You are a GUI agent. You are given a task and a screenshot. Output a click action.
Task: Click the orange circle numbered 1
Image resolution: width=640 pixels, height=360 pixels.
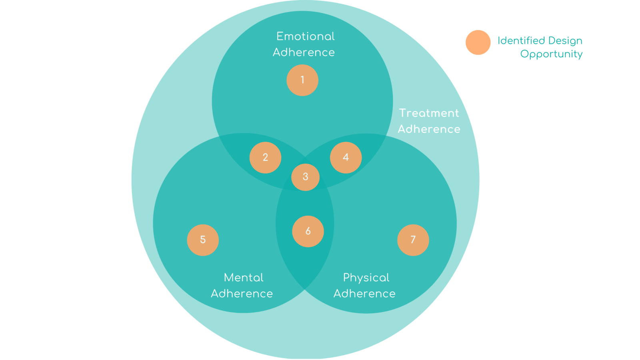302,80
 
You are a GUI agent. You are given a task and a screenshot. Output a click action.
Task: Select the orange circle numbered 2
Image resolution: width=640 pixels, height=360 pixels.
265,158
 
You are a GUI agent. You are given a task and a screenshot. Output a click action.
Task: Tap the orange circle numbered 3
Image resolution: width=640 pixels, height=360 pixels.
305,177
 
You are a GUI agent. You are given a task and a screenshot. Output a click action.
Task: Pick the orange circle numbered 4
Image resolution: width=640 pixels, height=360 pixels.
346,158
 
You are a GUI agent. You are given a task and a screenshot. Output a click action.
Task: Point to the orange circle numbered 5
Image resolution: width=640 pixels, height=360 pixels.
203,240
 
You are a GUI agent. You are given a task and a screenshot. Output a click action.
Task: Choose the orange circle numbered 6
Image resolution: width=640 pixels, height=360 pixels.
308,231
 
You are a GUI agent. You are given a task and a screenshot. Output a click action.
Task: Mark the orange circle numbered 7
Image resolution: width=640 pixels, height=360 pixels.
413,240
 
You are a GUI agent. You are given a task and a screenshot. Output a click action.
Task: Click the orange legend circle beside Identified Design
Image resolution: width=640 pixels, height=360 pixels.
478,42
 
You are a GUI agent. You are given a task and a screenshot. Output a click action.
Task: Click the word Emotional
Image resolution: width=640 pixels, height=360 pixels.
305,36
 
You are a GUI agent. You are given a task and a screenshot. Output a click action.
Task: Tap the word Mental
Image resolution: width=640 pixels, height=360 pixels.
244,278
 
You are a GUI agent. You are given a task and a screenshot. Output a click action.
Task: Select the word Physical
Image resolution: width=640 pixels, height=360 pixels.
366,278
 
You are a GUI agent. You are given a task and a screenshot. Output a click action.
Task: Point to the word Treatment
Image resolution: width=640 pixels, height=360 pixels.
429,113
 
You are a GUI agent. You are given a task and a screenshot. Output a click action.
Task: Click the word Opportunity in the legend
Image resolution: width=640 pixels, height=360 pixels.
551,54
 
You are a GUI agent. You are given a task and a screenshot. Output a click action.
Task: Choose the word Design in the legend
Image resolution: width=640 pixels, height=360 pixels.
565,41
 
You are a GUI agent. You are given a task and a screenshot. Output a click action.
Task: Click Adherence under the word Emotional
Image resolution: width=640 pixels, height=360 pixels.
304,52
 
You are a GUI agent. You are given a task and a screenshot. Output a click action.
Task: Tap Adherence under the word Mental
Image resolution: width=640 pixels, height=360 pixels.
242,294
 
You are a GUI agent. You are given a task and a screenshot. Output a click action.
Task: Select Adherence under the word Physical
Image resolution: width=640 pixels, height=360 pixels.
364,294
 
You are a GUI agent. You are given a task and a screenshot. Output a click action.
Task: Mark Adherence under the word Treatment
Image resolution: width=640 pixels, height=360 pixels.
429,129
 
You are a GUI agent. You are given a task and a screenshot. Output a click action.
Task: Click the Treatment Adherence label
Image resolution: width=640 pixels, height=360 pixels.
429,121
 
